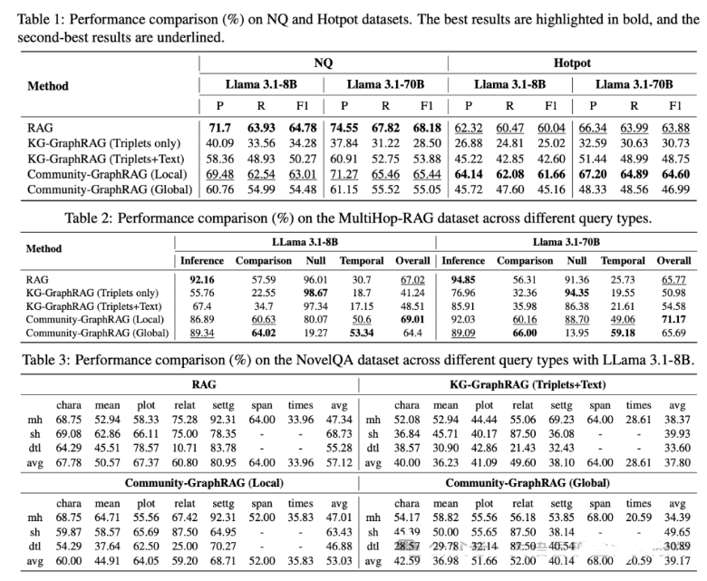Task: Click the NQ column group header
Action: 323,63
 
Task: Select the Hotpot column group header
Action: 572,63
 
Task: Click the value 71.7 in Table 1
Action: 220,128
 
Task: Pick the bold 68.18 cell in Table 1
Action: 427,128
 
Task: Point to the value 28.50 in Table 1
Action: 427,143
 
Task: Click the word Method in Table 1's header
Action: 48,86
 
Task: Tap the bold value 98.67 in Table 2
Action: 315,293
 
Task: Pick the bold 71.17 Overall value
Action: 673,319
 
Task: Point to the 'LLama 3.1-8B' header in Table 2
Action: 305,243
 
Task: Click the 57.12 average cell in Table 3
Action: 338,460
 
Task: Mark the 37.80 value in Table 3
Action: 676,460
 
